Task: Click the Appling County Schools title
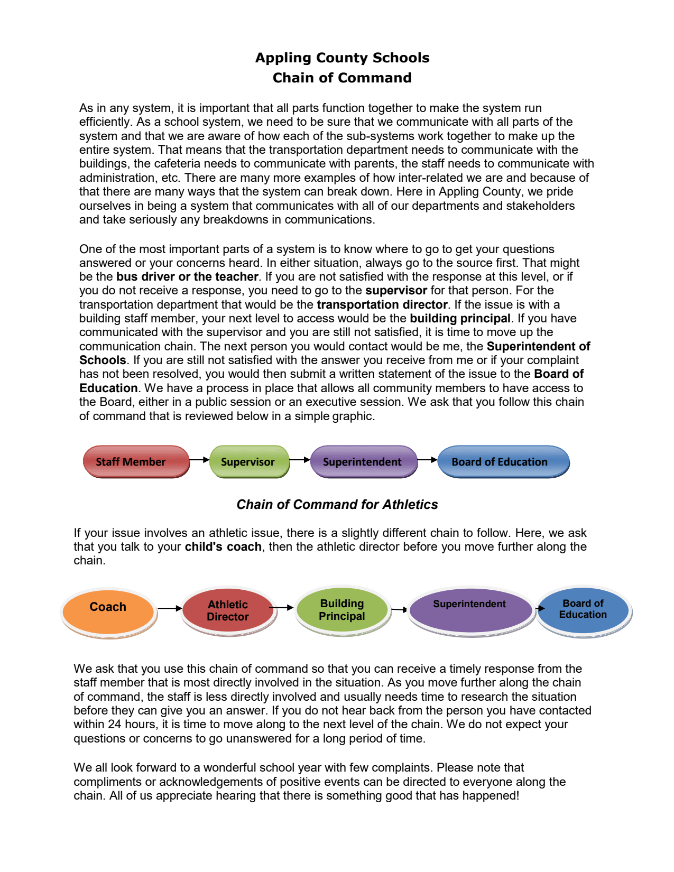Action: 342,58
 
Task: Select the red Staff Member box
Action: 136,461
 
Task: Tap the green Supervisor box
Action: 249,461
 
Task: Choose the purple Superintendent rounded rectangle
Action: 363,461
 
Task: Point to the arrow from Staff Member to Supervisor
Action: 199,460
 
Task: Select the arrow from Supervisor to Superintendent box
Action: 300,460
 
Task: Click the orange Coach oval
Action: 108,611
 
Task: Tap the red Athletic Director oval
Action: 228,610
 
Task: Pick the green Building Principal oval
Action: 342,610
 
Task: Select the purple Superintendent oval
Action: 470,610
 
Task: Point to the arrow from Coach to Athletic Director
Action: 170,608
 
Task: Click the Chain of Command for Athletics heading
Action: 337,505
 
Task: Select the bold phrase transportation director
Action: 382,305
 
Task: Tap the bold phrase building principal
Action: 460,319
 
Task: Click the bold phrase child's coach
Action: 223,547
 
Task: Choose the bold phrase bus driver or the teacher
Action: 187,277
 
